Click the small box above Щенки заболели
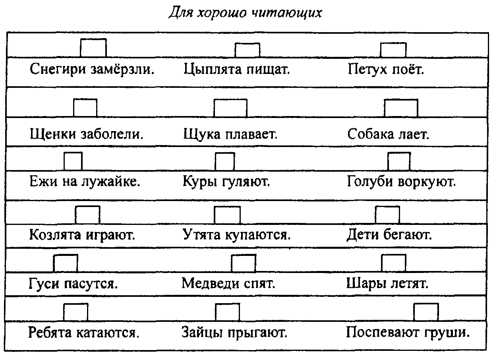click(x=85, y=108)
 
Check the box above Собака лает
click(x=401, y=108)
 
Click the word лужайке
click(x=111, y=182)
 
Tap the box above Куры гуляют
click(x=225, y=162)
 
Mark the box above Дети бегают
click(x=387, y=215)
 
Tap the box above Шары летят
click(x=393, y=263)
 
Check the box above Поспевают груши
click(x=426, y=312)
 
